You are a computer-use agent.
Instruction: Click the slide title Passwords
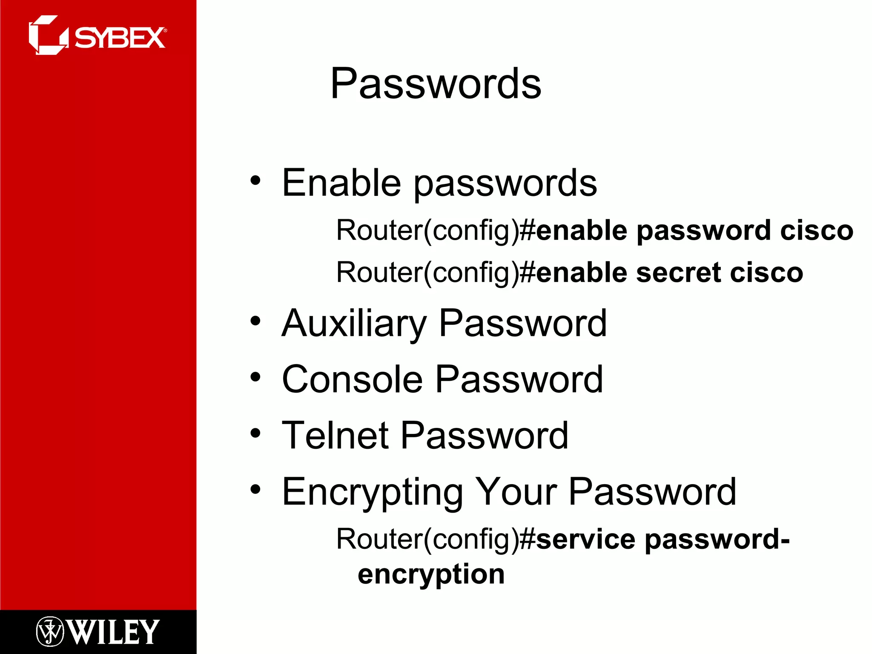pyautogui.click(x=436, y=84)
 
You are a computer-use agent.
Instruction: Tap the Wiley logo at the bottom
pyautogui.click(x=98, y=632)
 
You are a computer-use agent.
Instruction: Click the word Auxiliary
pyautogui.click(x=354, y=324)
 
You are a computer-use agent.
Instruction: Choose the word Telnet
pyautogui.click(x=335, y=435)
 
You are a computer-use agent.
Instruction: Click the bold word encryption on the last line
pyautogui.click(x=431, y=574)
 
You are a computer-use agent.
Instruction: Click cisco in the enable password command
pyautogui.click(x=817, y=230)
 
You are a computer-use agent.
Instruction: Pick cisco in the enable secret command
pyautogui.click(x=766, y=272)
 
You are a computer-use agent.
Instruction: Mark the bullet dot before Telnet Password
pyautogui.click(x=255, y=433)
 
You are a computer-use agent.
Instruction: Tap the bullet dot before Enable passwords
pyautogui.click(x=255, y=181)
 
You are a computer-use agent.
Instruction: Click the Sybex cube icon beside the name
pyautogui.click(x=47, y=35)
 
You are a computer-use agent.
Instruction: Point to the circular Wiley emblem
pyautogui.click(x=50, y=632)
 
